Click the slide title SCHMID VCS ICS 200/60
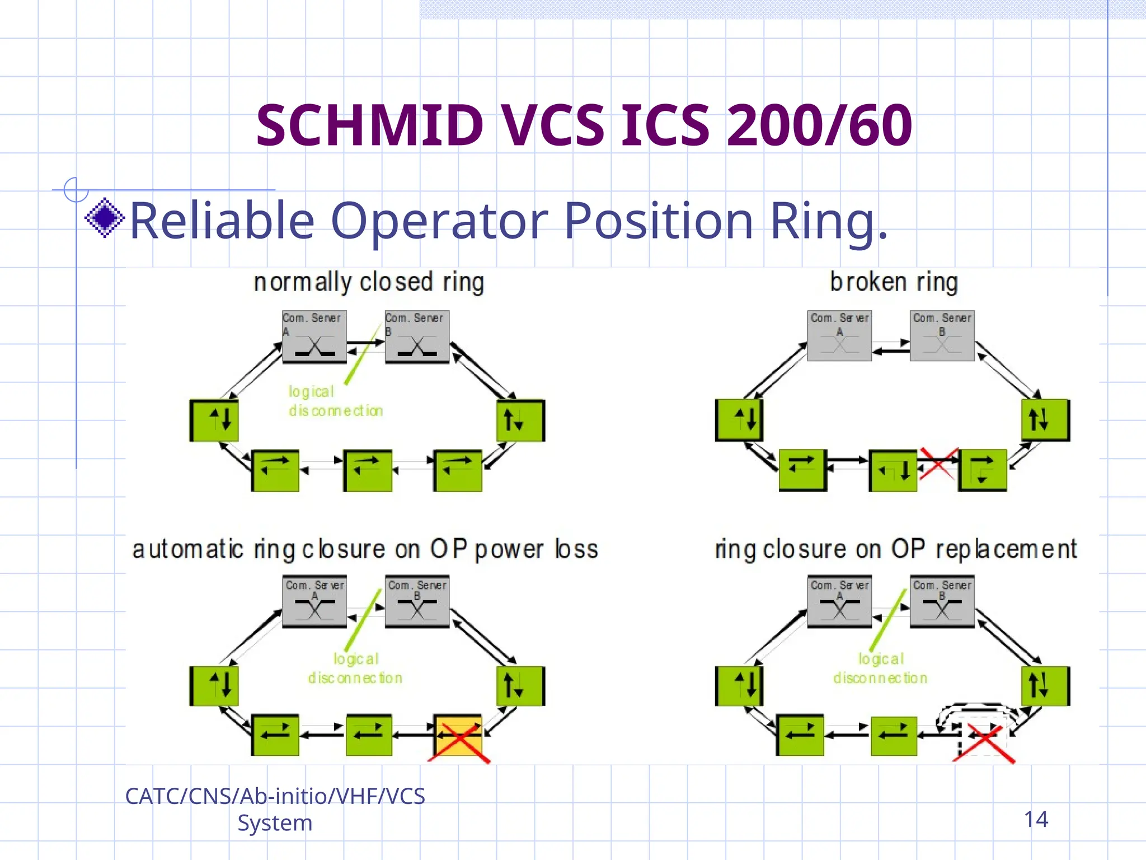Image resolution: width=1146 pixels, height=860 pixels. pyautogui.click(x=584, y=125)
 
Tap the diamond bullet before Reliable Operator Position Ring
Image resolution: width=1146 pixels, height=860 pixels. pyautogui.click(x=105, y=218)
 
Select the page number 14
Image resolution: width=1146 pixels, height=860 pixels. pyautogui.click(x=1036, y=819)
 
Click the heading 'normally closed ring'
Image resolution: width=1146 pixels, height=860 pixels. pyautogui.click(x=369, y=282)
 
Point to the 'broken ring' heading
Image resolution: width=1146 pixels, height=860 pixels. pyautogui.click(x=894, y=282)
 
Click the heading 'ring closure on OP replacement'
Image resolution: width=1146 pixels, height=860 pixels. pyautogui.click(x=895, y=549)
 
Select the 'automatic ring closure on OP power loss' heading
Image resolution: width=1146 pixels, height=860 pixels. pyautogui.click(x=365, y=549)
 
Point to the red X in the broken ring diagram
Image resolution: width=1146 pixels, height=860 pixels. pyautogui.click(x=938, y=463)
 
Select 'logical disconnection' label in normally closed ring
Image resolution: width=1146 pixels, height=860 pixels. pyautogui.click(x=335, y=401)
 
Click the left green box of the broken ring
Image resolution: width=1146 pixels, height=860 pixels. pyautogui.click(x=739, y=420)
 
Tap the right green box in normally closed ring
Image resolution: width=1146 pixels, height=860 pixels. pyautogui.click(x=520, y=420)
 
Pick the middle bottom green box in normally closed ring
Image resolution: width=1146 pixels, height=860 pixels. pyautogui.click(x=368, y=470)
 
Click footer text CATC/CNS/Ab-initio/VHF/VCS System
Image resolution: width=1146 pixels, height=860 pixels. pyautogui.click(x=275, y=809)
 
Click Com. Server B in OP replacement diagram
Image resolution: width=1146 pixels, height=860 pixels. pyautogui.click(x=942, y=601)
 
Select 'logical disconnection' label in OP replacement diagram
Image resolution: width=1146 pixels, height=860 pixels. pyautogui.click(x=880, y=669)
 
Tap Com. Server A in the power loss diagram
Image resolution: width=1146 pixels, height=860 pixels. pyautogui.click(x=314, y=601)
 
